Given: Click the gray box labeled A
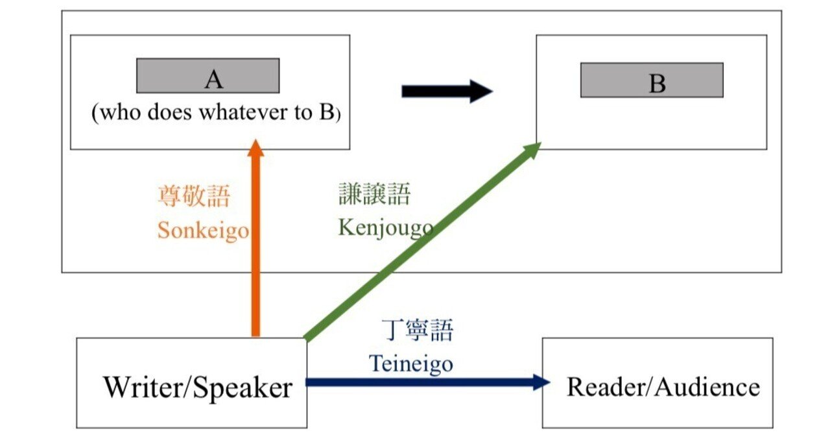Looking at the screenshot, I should (207, 76).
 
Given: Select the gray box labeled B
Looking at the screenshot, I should (651, 81).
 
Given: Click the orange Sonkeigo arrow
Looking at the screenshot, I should (255, 260).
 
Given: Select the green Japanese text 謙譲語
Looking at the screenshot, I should (374, 193).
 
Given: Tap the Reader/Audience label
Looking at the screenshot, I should (663, 387).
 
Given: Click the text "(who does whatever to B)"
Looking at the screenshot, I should (216, 113).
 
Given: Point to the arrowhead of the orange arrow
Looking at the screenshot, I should (255, 148).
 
